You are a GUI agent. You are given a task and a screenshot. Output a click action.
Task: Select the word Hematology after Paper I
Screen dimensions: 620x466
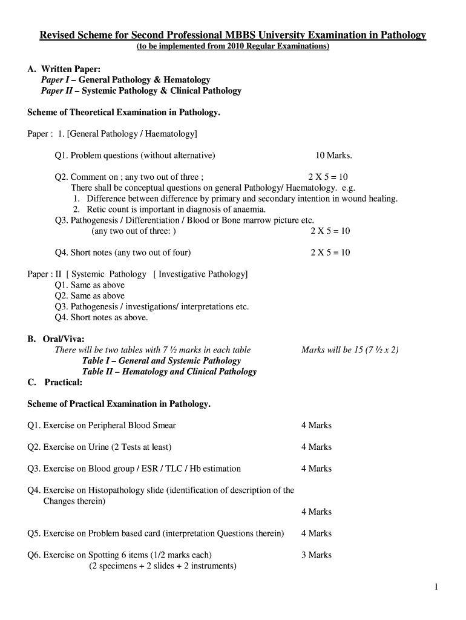[187, 80]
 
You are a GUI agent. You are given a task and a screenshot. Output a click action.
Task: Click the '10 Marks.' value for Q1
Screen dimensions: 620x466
[333, 156]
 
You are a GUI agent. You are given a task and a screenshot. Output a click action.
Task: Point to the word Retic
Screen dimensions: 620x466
[97, 209]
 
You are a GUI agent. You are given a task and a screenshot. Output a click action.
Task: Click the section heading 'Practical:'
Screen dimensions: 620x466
[64, 383]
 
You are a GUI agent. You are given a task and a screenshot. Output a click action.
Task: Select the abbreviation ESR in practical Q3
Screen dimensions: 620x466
[156, 469]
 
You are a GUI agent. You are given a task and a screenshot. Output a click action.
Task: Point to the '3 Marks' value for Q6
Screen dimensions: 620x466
[317, 555]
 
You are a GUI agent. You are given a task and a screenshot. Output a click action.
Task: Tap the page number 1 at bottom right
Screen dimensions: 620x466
[436, 587]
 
